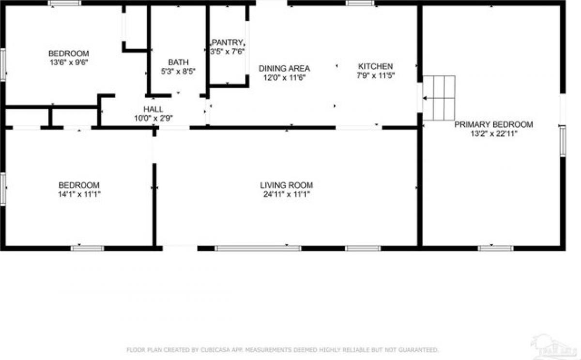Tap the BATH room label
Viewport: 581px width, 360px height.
178,62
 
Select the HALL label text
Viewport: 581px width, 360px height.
153,109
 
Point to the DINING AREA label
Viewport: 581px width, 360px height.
284,68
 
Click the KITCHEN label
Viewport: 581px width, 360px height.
375,66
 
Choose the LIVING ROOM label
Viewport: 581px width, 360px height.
286,185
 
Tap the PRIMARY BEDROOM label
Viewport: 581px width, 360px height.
493,124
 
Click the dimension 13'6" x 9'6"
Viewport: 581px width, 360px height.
68,62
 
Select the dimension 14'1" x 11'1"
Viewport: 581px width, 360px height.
79,194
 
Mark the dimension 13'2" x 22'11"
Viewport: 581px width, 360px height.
493,134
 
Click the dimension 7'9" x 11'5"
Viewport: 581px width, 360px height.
375,75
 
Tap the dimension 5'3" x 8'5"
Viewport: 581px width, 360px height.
178,71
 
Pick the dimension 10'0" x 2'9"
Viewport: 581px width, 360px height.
153,118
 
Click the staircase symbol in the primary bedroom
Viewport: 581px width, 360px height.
439,98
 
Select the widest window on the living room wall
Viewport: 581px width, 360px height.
258,248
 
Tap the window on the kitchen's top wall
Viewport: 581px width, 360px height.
360,3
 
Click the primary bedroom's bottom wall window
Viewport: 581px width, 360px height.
495,248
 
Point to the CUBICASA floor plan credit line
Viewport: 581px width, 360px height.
282,349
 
